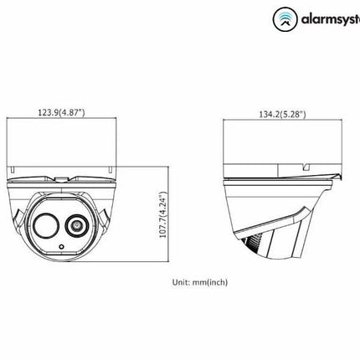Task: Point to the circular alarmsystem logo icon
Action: [x=286, y=15]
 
